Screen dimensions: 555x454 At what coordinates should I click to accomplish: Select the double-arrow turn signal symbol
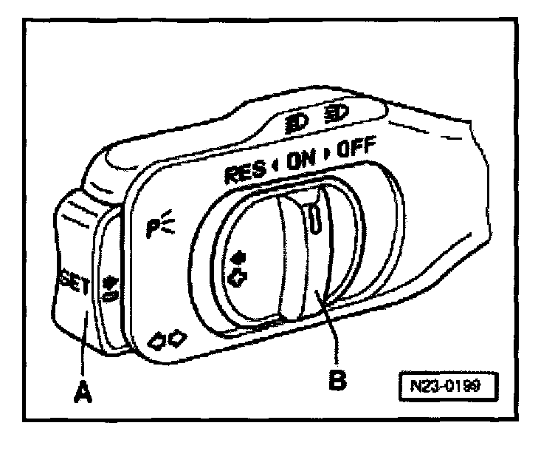click(x=168, y=339)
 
